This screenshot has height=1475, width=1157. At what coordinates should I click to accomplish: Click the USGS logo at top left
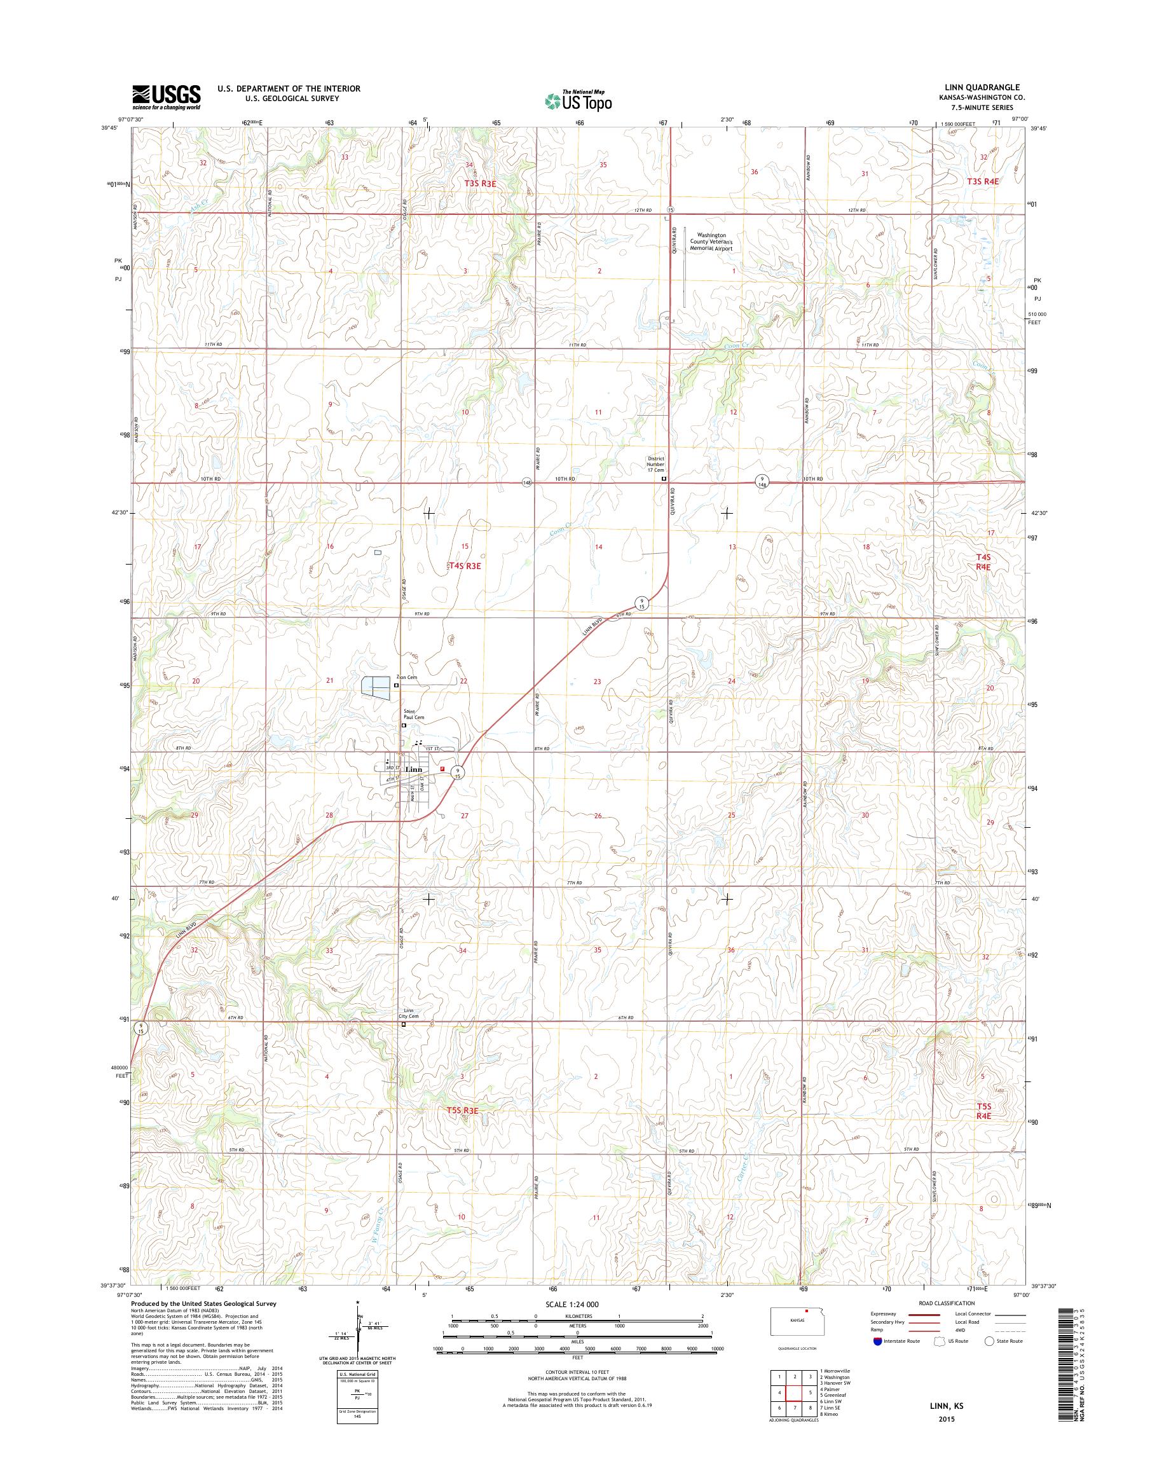pos(166,97)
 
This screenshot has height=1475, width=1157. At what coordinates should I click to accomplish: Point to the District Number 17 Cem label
pos(654,463)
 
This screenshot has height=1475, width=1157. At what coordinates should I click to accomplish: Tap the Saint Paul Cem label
pos(404,713)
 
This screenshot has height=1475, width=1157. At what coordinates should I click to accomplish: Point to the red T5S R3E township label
pos(463,1111)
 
